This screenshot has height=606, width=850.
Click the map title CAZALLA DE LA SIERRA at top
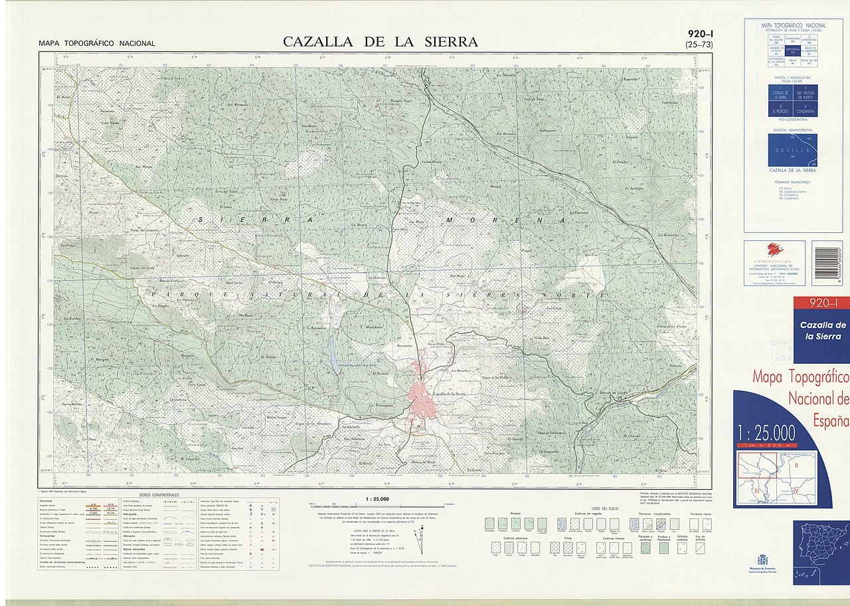[x=380, y=42]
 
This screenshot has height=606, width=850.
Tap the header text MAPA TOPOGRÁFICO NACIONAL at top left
[x=97, y=44]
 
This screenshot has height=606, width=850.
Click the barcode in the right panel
[x=827, y=263]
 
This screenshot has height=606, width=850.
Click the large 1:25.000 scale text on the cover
[x=766, y=433]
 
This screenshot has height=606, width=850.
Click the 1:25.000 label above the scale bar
[x=377, y=498]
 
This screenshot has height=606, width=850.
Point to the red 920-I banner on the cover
[x=823, y=303]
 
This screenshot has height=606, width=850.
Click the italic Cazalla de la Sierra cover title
[x=823, y=331]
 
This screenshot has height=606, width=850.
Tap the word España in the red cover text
[x=831, y=420]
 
